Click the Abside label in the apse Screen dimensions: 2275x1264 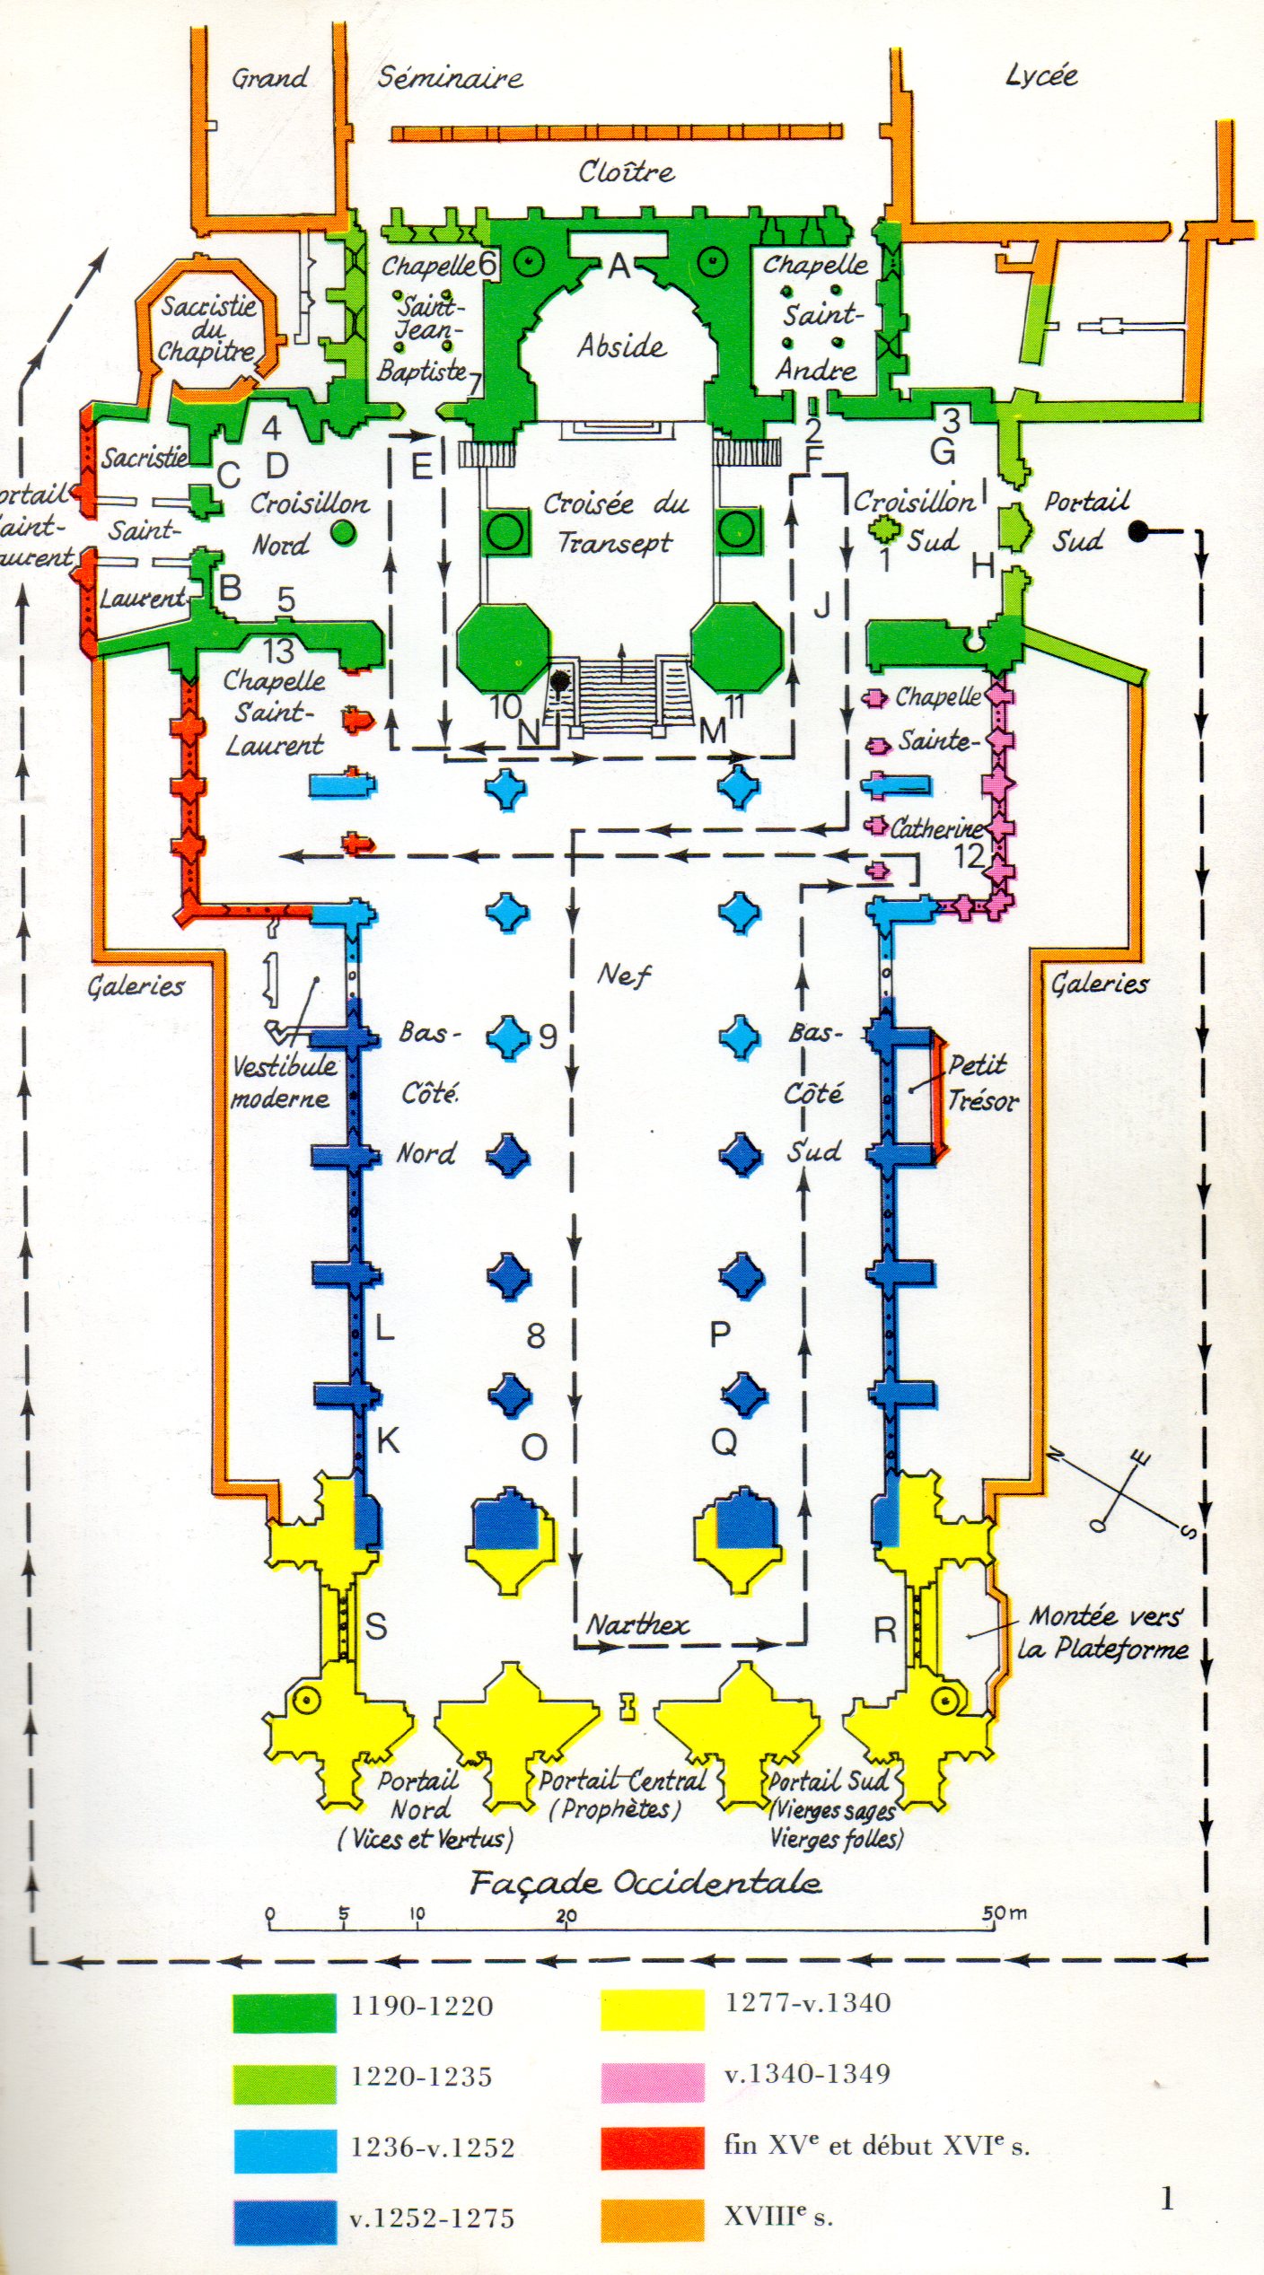pos(621,346)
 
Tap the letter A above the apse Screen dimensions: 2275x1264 pos(619,266)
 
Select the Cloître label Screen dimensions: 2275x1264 pos(626,171)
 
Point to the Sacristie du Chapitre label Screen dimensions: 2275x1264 pos(208,328)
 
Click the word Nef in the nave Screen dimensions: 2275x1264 pos(625,975)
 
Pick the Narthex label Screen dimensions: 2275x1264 pos(638,1624)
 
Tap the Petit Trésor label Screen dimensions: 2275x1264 pos(981,1083)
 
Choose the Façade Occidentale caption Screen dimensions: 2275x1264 pos(645,1882)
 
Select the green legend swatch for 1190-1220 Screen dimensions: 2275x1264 pos(285,2013)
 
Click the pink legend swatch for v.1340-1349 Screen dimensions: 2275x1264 pos(652,2082)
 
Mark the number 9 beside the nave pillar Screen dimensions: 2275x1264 pos(548,1037)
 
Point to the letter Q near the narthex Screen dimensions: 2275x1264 pos(724,1442)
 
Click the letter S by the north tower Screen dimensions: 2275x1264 pos(376,1626)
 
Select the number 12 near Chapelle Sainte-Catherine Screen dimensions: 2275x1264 pos(970,856)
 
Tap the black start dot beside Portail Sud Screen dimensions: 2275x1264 pos(1139,532)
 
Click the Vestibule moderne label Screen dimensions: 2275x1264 pos(281,1082)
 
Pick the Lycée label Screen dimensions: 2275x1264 pos(1041,76)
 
